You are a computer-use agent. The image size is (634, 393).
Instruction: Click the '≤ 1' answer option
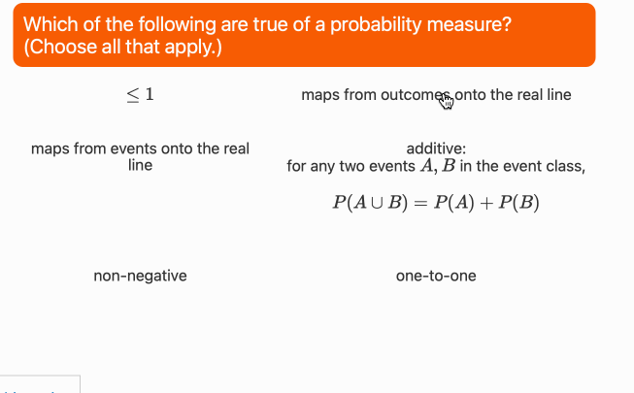pos(140,94)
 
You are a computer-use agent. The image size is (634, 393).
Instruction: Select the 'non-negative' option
pos(140,276)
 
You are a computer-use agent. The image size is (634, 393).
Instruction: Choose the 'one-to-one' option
pos(436,276)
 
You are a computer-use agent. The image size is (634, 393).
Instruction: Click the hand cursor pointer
pos(446,99)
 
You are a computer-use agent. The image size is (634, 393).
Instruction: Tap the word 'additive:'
pos(436,148)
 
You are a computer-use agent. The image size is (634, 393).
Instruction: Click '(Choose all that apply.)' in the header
pos(121,47)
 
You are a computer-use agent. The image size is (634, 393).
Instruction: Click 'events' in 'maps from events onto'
pos(119,148)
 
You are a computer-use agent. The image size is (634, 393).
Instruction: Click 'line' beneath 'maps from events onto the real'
pos(140,165)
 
